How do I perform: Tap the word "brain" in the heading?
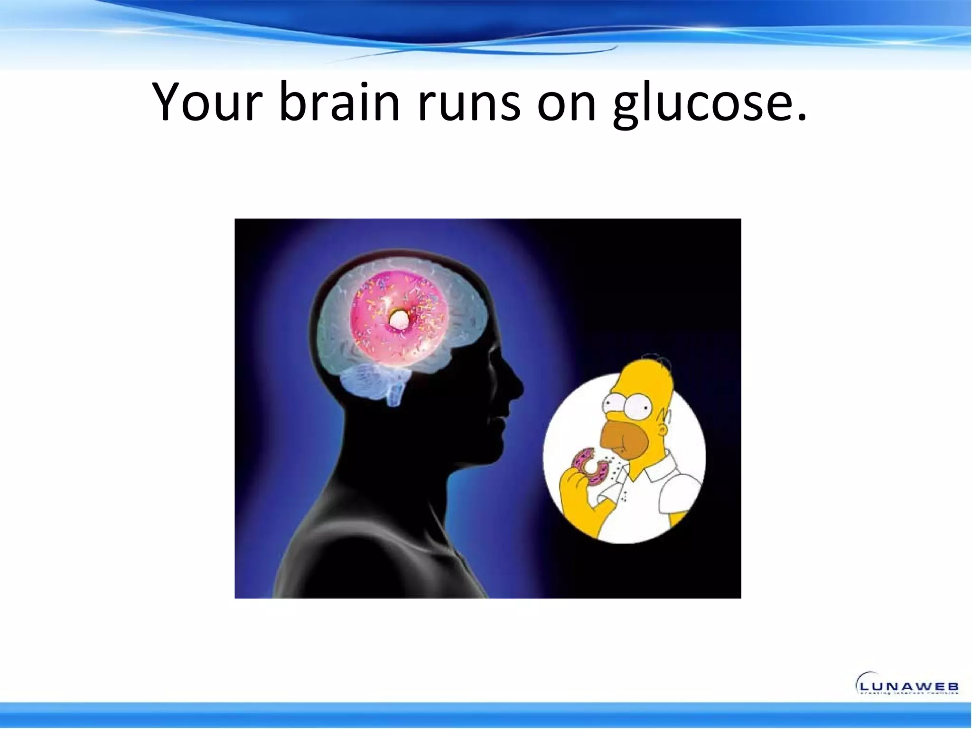[x=339, y=102]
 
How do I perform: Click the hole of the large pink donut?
[x=397, y=321]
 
